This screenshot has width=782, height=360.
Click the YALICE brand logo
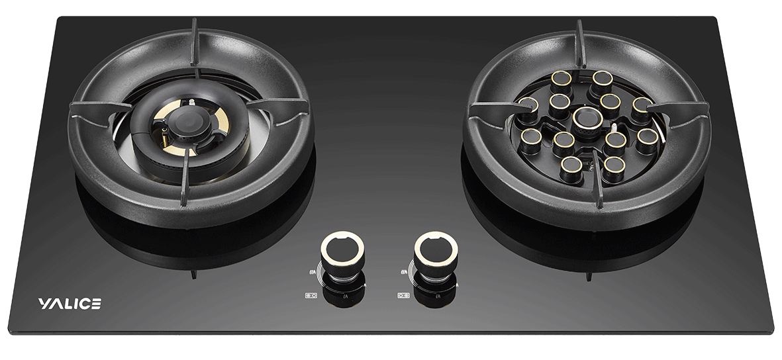[70, 304]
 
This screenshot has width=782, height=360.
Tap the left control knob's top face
[342, 247]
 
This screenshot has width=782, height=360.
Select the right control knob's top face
[436, 247]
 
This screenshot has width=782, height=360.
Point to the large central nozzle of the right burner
[587, 118]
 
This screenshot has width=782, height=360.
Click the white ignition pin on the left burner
[191, 103]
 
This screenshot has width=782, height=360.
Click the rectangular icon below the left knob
[311, 295]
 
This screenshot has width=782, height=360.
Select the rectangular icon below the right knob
[403, 295]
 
